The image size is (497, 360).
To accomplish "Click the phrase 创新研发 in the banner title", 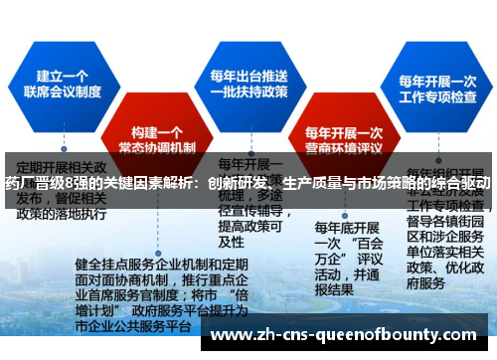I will click(x=233, y=185).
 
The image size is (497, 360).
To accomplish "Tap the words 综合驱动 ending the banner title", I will click(x=459, y=185).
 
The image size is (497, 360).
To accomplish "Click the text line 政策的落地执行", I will click(x=62, y=214).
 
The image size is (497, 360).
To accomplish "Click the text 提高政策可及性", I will click(x=249, y=234).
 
